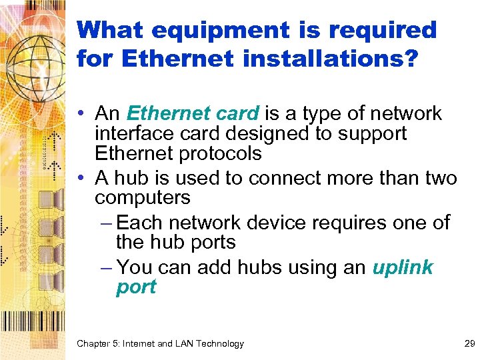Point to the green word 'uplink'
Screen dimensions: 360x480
[403, 267]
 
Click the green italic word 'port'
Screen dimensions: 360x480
[136, 287]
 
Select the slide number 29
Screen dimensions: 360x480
[469, 344]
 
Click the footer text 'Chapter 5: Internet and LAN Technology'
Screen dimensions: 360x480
[160, 344]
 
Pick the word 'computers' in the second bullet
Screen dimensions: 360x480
[143, 198]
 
